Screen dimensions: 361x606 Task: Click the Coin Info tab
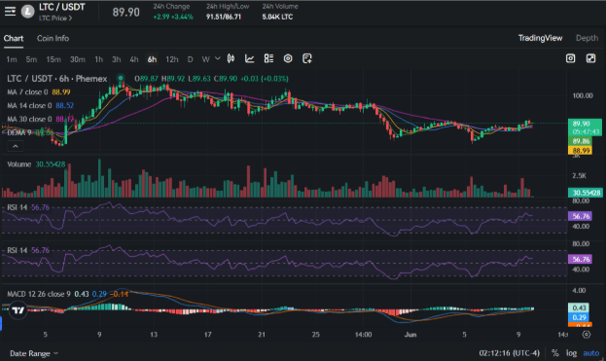(53, 38)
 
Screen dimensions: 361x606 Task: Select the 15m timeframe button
(53, 58)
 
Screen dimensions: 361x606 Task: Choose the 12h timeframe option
(171, 58)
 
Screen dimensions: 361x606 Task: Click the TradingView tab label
(539, 38)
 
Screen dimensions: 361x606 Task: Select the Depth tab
(587, 38)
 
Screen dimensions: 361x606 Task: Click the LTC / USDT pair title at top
(59, 8)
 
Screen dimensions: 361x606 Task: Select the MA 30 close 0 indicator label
(30, 119)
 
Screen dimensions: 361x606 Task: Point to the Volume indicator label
(19, 164)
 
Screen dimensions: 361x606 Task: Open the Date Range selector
(32, 353)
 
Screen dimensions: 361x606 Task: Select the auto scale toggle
(589, 353)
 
